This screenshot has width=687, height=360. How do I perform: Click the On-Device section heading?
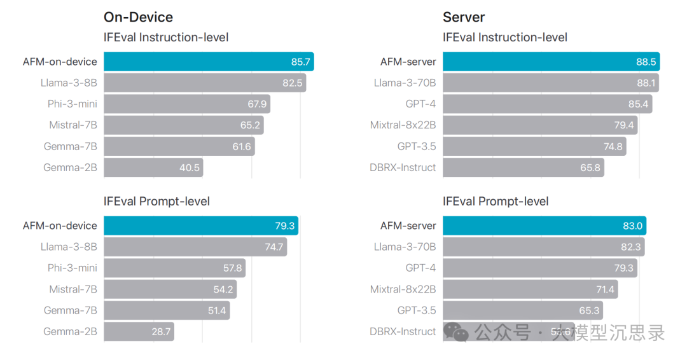click(x=138, y=17)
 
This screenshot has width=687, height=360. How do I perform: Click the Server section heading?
click(x=464, y=17)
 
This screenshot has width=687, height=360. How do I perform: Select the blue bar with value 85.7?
click(x=209, y=62)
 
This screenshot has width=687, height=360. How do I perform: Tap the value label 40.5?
click(x=190, y=168)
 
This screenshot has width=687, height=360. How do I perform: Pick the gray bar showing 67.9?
click(x=187, y=104)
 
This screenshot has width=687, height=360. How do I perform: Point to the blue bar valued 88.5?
click(x=551, y=62)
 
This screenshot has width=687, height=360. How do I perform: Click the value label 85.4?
click(x=637, y=104)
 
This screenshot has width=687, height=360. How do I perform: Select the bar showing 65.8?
click(x=523, y=168)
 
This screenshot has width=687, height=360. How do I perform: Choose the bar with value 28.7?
click(x=139, y=331)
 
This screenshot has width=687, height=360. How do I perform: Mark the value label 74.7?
click(x=274, y=247)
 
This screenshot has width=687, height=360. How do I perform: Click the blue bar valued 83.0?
click(x=545, y=226)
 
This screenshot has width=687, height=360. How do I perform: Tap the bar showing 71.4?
click(x=530, y=289)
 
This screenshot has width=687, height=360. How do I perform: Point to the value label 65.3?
click(x=588, y=310)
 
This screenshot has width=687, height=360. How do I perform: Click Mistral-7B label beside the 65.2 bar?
click(x=73, y=125)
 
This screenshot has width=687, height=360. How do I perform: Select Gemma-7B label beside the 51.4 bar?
click(x=71, y=310)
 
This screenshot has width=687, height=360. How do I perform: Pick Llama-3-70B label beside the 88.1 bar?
click(x=405, y=83)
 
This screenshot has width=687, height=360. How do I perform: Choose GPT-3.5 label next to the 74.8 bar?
click(x=417, y=146)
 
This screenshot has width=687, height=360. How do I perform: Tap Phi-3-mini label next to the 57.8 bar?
click(x=73, y=268)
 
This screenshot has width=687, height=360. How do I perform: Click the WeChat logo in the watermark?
click(x=456, y=331)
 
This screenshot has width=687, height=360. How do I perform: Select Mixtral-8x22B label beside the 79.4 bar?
click(x=403, y=125)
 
